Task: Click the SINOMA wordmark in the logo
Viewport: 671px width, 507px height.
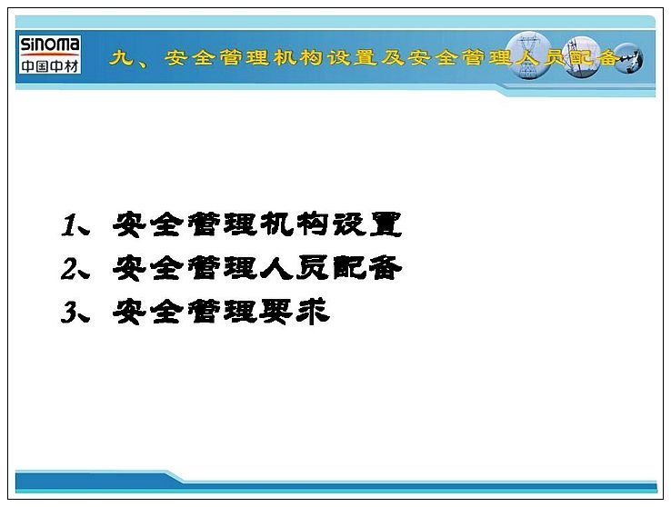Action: (x=50, y=45)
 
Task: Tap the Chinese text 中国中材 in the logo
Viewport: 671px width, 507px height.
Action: (x=50, y=65)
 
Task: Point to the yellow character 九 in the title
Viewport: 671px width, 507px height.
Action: (x=121, y=57)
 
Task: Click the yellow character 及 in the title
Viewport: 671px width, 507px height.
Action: (x=393, y=57)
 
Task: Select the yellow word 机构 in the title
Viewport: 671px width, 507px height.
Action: (x=298, y=57)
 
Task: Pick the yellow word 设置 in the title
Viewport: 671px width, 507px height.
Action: (x=352, y=57)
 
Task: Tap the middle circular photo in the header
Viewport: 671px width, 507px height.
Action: (x=582, y=57)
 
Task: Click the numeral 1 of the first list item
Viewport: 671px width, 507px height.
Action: (x=68, y=225)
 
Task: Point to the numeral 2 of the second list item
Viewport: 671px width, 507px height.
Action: (x=68, y=269)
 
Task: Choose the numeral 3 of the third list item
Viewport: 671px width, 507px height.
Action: (x=68, y=312)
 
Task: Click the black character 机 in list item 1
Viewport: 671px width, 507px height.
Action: (x=276, y=224)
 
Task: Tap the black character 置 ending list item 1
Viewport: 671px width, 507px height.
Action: (x=386, y=224)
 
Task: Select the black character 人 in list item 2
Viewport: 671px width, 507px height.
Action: (x=276, y=268)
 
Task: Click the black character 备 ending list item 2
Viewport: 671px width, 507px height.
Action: (x=386, y=268)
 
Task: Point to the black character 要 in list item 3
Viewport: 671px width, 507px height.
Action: (x=276, y=312)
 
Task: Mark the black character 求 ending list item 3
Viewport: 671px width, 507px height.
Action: (x=314, y=312)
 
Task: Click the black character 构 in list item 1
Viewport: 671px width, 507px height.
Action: (x=313, y=224)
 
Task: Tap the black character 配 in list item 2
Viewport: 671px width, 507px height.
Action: (x=349, y=268)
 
